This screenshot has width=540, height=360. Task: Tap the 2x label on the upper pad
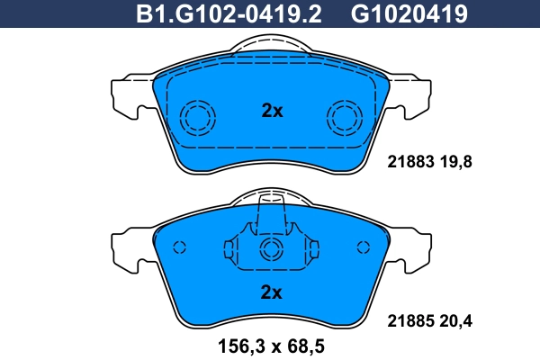click(271, 112)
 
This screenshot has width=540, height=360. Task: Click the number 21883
click(410, 162)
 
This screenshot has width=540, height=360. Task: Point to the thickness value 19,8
click(455, 162)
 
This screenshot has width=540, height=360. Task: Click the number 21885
click(410, 319)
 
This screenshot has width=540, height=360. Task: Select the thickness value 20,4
click(455, 319)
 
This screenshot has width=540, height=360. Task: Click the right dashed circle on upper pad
click(344, 116)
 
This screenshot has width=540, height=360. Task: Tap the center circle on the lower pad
click(271, 250)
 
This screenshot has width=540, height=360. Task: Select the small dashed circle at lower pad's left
click(179, 247)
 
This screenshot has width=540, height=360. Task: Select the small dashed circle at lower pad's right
click(364, 247)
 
